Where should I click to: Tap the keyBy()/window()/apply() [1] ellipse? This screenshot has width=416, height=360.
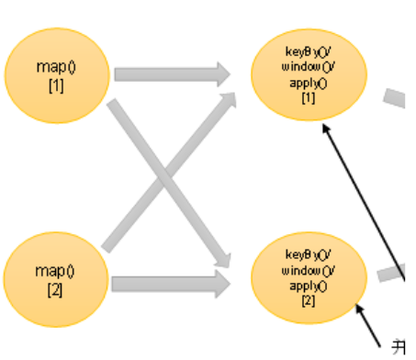tap(308, 75)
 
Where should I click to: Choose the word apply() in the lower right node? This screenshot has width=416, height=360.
tap(308, 286)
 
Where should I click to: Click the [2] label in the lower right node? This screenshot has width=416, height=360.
tap(308, 300)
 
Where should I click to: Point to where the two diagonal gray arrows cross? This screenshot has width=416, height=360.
tap(168, 175)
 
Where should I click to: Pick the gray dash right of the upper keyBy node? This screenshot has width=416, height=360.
tap(395, 97)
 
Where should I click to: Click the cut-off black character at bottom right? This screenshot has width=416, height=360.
tap(399, 346)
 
